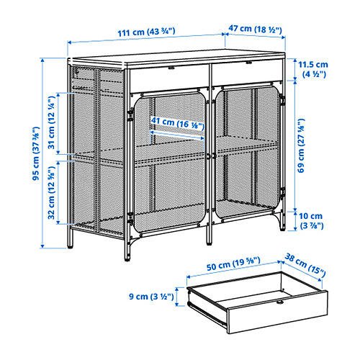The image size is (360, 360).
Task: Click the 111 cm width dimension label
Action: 146,32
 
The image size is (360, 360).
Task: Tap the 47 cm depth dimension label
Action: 255,29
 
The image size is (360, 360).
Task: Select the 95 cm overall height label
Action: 36,153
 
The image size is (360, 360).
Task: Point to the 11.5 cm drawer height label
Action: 313,69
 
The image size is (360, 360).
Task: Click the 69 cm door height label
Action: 301,145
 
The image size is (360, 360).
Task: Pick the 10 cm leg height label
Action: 311,221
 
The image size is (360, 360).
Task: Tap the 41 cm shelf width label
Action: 178,123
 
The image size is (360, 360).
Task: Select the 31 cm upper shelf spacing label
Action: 51,122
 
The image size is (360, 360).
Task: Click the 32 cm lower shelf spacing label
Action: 51,193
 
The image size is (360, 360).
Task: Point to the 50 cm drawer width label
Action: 233,264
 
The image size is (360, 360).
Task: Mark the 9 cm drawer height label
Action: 151,297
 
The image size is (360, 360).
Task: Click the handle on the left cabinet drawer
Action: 171,68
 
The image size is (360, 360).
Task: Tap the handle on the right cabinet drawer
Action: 249,63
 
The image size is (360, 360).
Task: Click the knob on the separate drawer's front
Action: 279,302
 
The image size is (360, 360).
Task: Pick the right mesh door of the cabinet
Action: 248,151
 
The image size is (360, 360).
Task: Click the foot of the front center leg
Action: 210,243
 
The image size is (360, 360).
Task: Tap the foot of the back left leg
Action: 70,246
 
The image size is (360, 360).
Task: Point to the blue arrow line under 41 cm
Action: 177,135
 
